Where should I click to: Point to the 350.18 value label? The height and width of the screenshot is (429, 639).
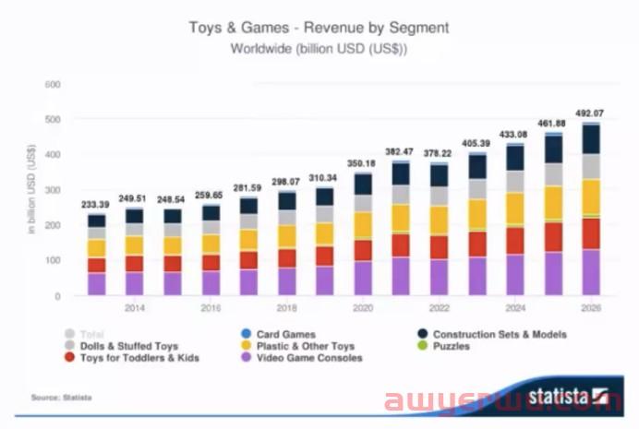[364, 162]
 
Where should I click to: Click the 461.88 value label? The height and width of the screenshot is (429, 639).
[552, 124]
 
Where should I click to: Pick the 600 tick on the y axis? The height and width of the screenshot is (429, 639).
[53, 85]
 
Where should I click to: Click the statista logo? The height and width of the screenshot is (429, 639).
[564, 394]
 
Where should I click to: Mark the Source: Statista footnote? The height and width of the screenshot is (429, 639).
[62, 397]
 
